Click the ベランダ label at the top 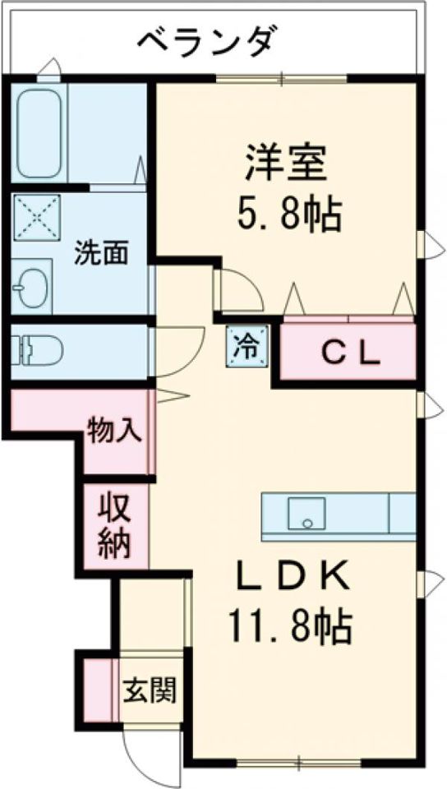tap(207, 42)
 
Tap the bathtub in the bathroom tap(39, 133)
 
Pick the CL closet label tap(350, 356)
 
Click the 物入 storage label tap(115, 430)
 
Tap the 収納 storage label tap(115, 527)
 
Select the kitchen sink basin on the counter tap(306, 513)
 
